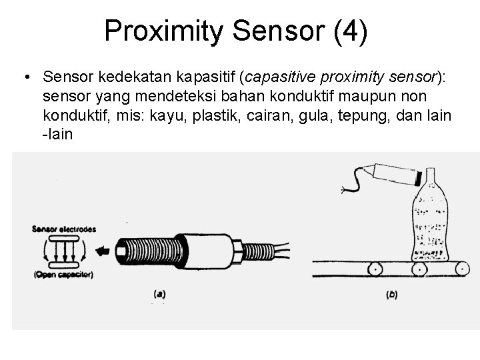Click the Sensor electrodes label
click(65, 229)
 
